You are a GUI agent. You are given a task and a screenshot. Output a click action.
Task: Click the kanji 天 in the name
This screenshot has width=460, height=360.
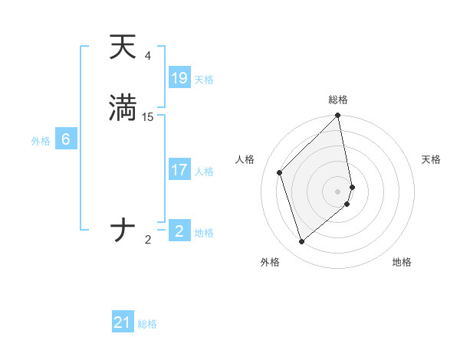(123, 47)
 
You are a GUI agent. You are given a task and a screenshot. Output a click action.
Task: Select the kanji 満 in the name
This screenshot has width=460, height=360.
(123, 108)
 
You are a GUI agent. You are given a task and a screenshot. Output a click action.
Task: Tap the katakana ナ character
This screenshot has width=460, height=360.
(123, 230)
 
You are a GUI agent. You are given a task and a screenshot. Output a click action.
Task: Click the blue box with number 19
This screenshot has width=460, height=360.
(179, 77)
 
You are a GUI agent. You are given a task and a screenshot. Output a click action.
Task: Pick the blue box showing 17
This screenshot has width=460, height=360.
(179, 170)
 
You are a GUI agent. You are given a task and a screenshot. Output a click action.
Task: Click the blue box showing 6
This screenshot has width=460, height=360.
(66, 139)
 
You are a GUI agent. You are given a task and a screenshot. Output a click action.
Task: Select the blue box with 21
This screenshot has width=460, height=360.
(123, 322)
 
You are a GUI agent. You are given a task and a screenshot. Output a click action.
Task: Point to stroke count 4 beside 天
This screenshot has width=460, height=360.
(147, 56)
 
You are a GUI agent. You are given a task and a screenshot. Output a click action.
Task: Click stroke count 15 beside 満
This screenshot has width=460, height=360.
(148, 117)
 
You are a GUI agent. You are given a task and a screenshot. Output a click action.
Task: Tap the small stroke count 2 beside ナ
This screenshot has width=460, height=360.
(148, 240)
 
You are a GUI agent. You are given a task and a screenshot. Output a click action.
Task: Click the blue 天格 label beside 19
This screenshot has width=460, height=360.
(204, 80)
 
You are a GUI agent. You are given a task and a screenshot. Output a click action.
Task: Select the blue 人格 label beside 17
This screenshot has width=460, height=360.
(204, 172)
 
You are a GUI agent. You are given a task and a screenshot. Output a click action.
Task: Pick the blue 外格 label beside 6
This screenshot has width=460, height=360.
(40, 141)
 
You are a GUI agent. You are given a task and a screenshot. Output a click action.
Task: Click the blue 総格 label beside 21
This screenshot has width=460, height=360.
(147, 324)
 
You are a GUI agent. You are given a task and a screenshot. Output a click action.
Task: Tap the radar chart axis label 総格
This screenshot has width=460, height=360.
(338, 100)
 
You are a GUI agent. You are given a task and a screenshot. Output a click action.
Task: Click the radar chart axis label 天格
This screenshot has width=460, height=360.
(431, 159)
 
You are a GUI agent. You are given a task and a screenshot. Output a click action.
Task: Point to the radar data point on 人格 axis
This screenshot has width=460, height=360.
(280, 172)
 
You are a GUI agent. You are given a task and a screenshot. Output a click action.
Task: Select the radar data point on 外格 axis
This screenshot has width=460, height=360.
(302, 242)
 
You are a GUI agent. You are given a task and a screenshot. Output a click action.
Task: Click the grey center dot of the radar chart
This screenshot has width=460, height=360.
(338, 191)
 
